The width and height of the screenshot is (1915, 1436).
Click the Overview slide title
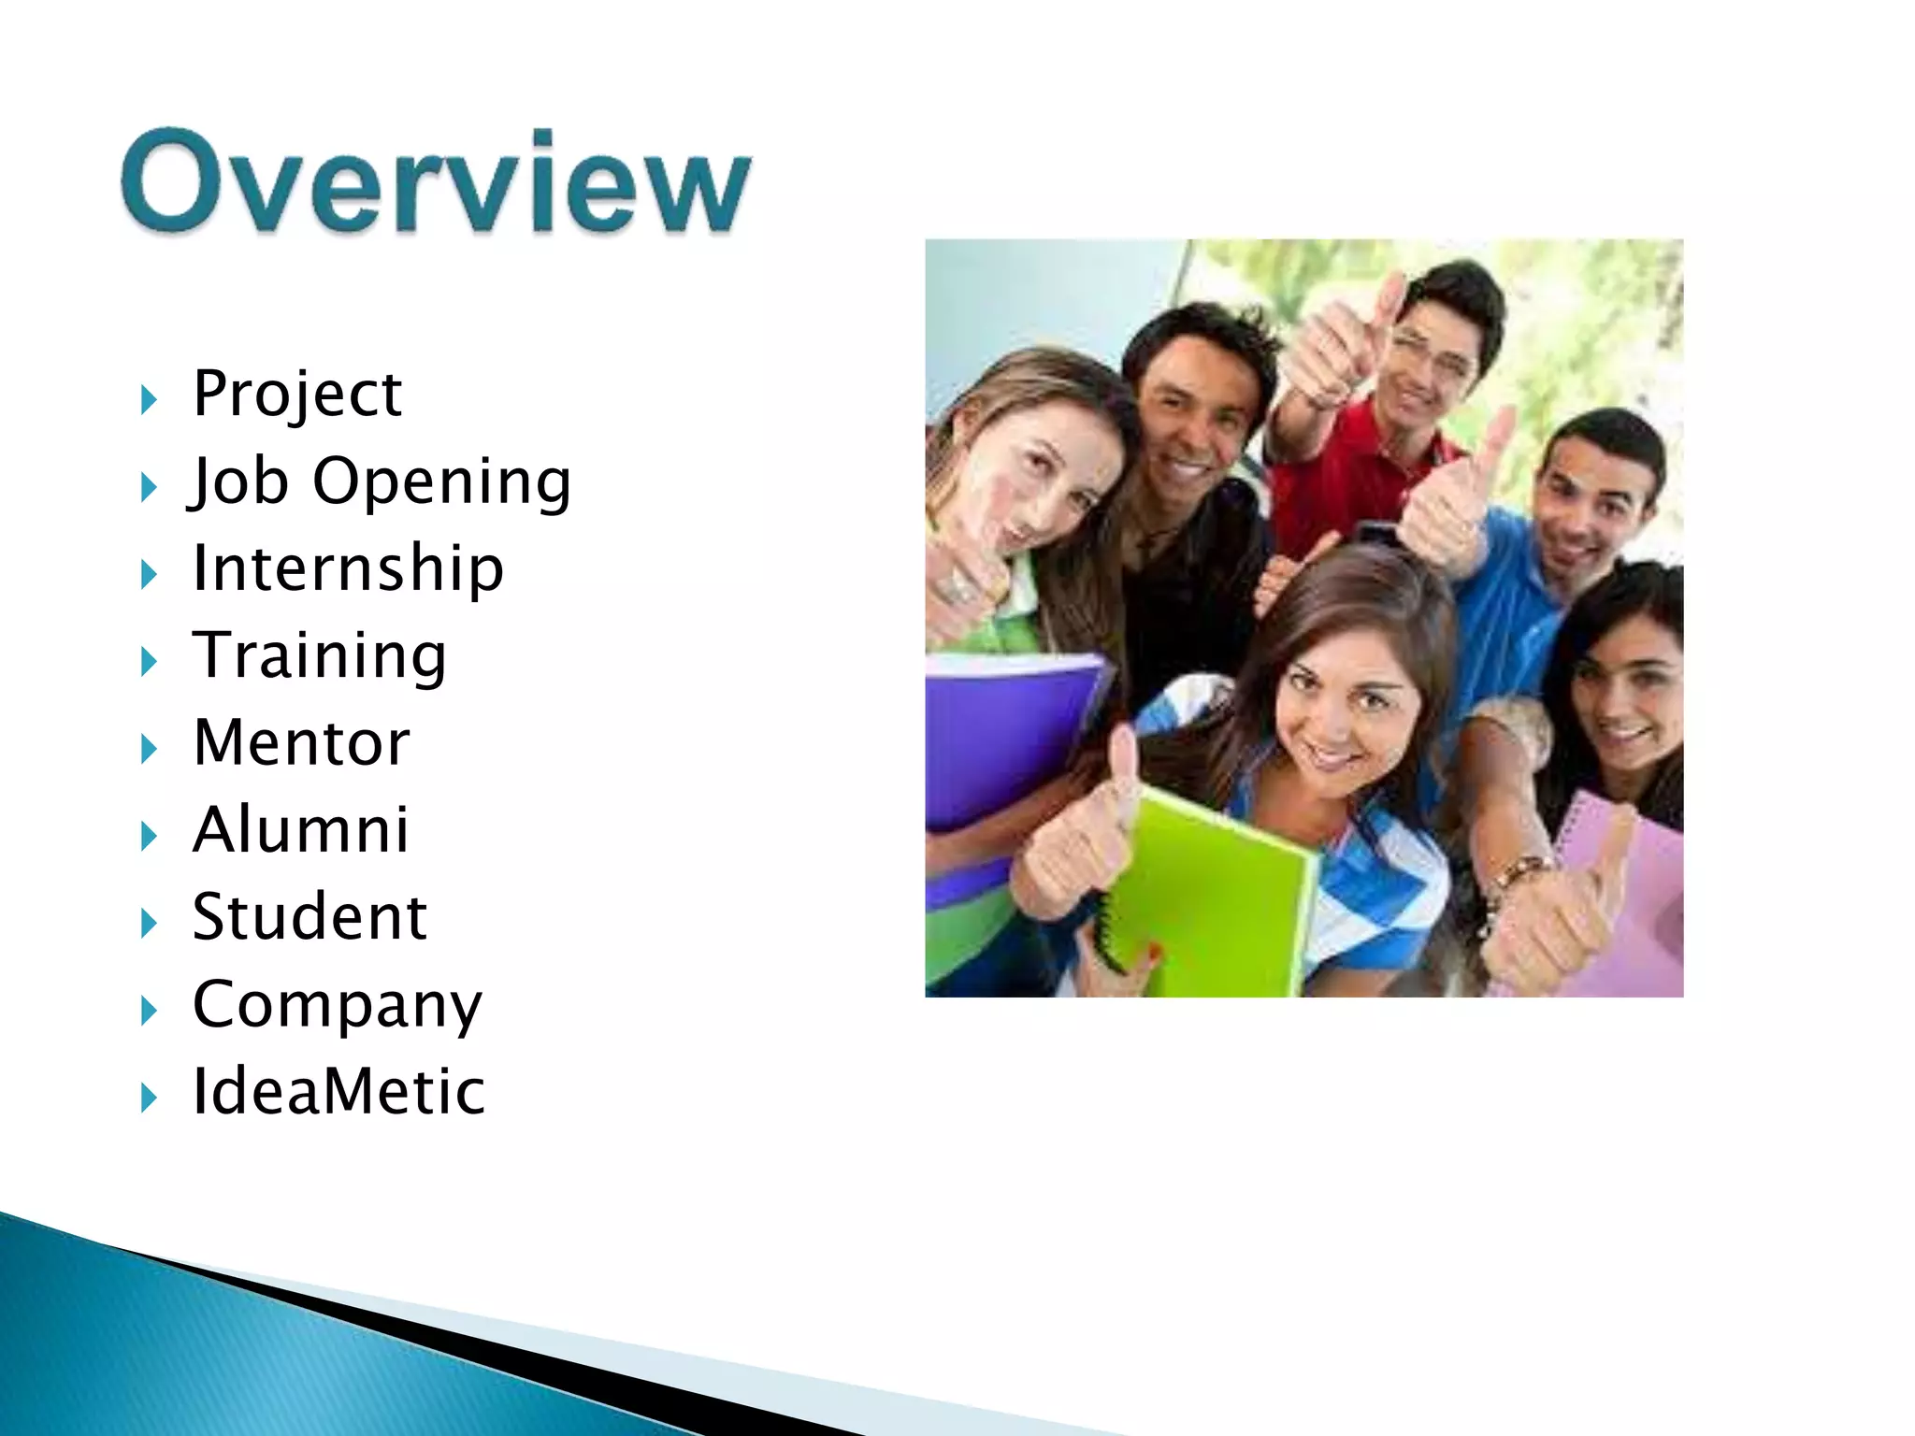(436, 181)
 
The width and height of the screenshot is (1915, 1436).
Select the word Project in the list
(297, 395)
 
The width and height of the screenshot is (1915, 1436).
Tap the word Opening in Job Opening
(441, 482)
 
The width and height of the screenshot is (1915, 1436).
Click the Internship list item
(348, 568)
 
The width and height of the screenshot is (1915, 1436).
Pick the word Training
(320, 656)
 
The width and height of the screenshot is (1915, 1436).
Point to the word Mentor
(301, 743)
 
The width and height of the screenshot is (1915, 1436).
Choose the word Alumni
(301, 830)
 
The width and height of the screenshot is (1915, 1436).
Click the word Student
(310, 917)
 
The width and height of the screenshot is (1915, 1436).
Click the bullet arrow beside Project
(149, 400)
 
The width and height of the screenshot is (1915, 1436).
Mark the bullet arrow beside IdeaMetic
(149, 1098)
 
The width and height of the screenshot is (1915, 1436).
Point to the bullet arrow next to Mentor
(149, 749)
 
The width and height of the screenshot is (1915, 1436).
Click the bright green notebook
(1216, 888)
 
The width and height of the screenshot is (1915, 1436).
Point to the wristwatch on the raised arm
(1519, 874)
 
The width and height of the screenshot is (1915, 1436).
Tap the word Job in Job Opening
(239, 482)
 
